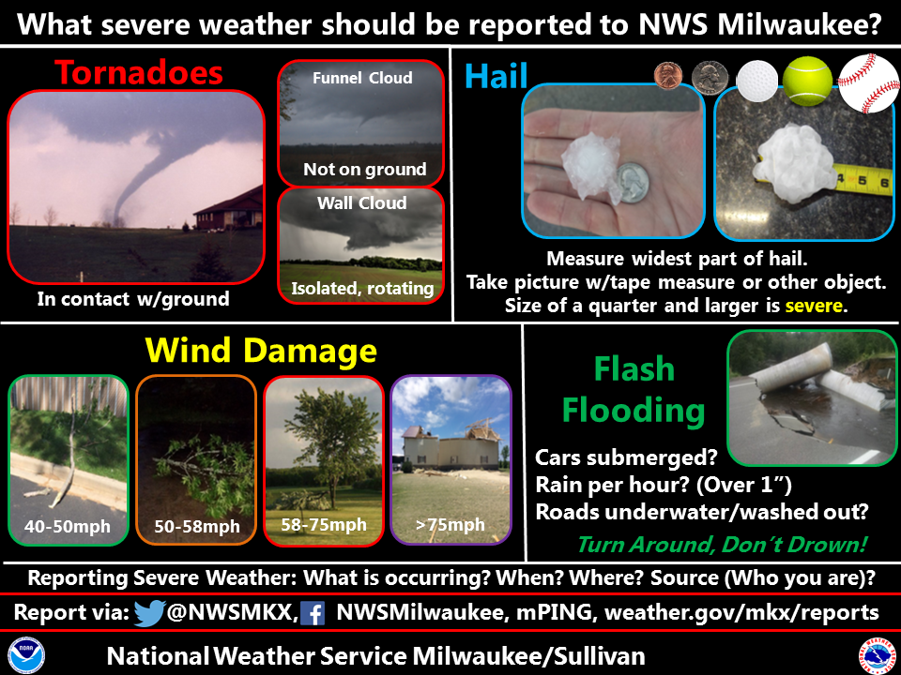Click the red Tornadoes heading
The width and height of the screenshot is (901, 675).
coord(139,73)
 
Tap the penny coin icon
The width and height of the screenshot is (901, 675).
coord(668,76)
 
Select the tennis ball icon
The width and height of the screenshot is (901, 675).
coord(807,81)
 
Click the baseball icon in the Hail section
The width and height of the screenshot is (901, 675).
coord(869,83)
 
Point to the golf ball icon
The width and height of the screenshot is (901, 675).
coord(756,80)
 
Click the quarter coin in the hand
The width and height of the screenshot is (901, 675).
coord(632,183)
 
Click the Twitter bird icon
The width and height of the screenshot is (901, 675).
coord(149,613)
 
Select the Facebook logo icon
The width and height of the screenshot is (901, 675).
coord(313,613)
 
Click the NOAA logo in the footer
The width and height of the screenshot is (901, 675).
coord(26,655)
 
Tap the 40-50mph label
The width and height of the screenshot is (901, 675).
coord(68,526)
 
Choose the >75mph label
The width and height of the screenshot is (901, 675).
coord(450,525)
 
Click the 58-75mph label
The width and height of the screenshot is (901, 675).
coord(324,525)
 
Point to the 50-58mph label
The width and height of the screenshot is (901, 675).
coord(197,526)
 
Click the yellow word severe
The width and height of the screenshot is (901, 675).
coord(813,306)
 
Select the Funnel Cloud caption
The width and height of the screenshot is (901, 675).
coord(362,78)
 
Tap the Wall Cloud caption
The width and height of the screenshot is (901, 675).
coord(362,202)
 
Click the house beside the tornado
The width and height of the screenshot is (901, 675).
coord(229,209)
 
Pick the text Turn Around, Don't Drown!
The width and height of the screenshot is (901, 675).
coord(722,544)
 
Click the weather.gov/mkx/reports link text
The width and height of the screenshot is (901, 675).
coord(741,613)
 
